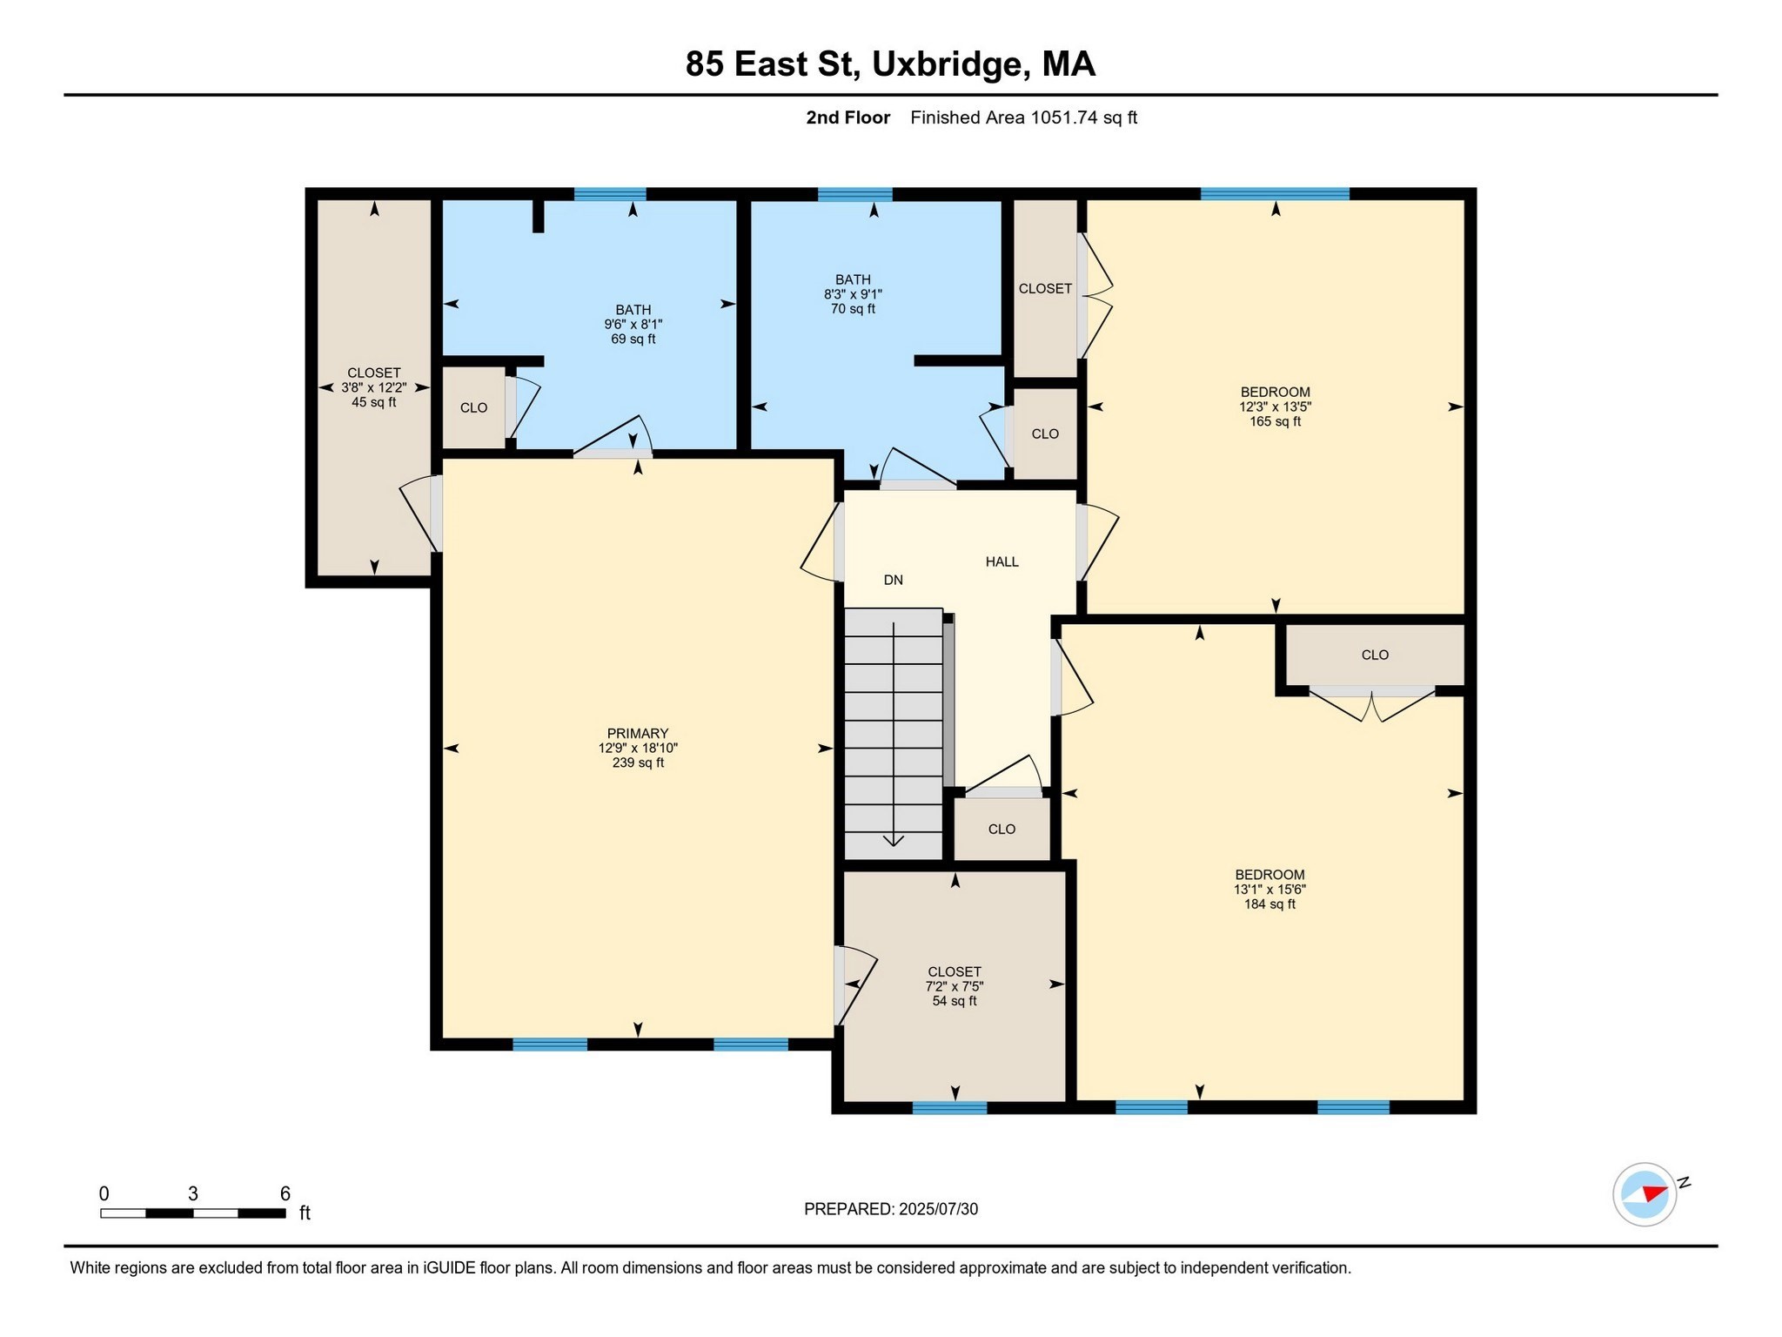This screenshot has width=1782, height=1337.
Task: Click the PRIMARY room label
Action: click(x=638, y=733)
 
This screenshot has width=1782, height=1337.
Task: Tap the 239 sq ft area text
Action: click(x=638, y=763)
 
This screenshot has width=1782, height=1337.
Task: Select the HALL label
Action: click(x=1002, y=561)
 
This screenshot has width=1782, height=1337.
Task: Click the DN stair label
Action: click(x=894, y=580)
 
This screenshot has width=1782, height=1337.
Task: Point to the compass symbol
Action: click(x=1644, y=1194)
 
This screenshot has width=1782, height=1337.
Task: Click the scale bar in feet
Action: click(x=193, y=1213)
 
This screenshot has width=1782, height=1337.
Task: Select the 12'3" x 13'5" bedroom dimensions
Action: click(x=1275, y=406)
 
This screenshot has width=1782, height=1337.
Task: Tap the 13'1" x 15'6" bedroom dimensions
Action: click(x=1270, y=890)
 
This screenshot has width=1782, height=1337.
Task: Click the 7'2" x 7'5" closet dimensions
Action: click(x=955, y=986)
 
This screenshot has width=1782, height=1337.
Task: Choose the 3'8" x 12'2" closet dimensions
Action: click(x=374, y=387)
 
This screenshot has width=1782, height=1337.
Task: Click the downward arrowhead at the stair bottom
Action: click(x=894, y=840)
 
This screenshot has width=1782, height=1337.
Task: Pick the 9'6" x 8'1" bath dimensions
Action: click(x=633, y=324)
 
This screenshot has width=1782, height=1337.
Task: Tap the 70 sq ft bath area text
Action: click(x=853, y=309)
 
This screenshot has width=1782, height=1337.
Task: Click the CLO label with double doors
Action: click(x=1375, y=655)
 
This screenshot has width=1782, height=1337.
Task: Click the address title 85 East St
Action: click(x=889, y=64)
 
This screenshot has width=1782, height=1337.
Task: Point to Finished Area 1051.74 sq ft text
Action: click(x=1023, y=118)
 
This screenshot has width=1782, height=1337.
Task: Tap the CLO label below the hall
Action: click(x=1002, y=829)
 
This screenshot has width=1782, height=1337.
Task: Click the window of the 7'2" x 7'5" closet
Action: click(x=949, y=1107)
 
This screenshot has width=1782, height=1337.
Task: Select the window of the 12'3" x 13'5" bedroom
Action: click(x=1275, y=194)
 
